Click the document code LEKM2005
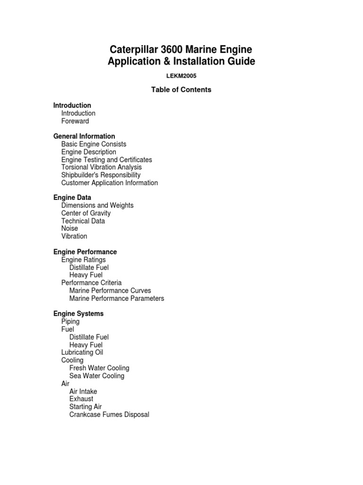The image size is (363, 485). [181, 76]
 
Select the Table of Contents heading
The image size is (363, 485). [181, 90]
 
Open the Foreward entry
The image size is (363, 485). [75, 121]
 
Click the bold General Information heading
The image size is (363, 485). [84, 136]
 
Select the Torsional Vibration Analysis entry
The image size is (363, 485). [102, 167]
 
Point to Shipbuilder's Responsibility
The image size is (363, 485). [101, 175]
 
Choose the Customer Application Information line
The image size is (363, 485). [110, 183]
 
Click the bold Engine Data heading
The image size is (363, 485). [72, 198]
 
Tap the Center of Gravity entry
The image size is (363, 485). [86, 213]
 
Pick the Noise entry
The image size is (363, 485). [70, 228]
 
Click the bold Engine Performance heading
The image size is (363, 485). [85, 252]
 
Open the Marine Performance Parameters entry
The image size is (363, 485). [117, 298]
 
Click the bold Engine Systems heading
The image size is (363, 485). [78, 314]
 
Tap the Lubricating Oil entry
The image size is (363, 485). [82, 352]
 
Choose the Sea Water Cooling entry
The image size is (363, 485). [97, 376]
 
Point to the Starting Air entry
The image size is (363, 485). [86, 407]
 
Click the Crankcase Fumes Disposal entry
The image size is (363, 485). [109, 415]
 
